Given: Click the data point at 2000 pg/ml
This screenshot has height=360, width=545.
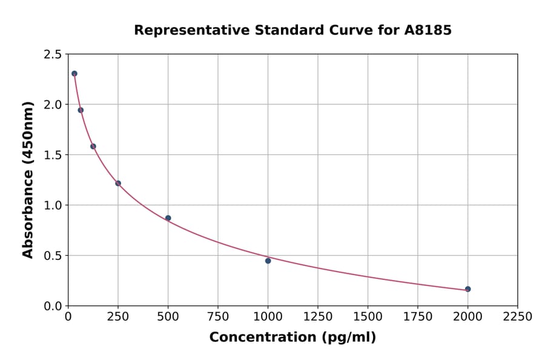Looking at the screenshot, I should pyautogui.click(x=468, y=289).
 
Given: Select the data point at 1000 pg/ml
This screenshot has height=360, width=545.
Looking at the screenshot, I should pyautogui.click(x=268, y=261).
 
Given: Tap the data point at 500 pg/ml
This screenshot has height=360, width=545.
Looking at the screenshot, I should pyautogui.click(x=168, y=218).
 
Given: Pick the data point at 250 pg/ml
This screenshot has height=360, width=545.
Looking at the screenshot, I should pyautogui.click(x=118, y=183).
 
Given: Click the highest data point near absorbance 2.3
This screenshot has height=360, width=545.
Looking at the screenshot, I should pyautogui.click(x=74, y=73).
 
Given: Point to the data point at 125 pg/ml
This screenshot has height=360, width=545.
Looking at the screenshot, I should pyautogui.click(x=93, y=146).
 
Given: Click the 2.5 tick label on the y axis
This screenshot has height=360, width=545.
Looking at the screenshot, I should pyautogui.click(x=53, y=55).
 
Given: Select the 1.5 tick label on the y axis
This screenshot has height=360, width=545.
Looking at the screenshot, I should pyautogui.click(x=53, y=155).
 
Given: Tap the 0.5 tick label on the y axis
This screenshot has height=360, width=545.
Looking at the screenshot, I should pyautogui.click(x=53, y=256).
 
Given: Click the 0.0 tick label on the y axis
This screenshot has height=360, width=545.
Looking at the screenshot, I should pyautogui.click(x=53, y=306).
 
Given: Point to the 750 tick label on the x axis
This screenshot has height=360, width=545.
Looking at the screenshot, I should pyautogui.click(x=218, y=317).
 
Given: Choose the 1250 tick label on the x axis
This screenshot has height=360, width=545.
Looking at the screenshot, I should pyautogui.click(x=318, y=317).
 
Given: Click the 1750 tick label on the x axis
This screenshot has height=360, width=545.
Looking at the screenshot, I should pyautogui.click(x=418, y=317).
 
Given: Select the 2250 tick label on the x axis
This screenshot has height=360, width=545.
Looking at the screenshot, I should pyautogui.click(x=518, y=317).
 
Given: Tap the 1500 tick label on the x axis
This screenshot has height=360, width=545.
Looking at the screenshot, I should pyautogui.click(x=368, y=317).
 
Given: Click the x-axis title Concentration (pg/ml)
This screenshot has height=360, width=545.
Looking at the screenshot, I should pyautogui.click(x=292, y=338).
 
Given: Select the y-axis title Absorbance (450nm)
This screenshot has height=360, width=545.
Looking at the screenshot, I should pyautogui.click(x=28, y=179).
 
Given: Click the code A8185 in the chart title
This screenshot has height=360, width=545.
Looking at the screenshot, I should pyautogui.click(x=428, y=30).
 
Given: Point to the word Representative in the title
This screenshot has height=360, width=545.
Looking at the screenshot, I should pyautogui.click(x=180, y=30).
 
